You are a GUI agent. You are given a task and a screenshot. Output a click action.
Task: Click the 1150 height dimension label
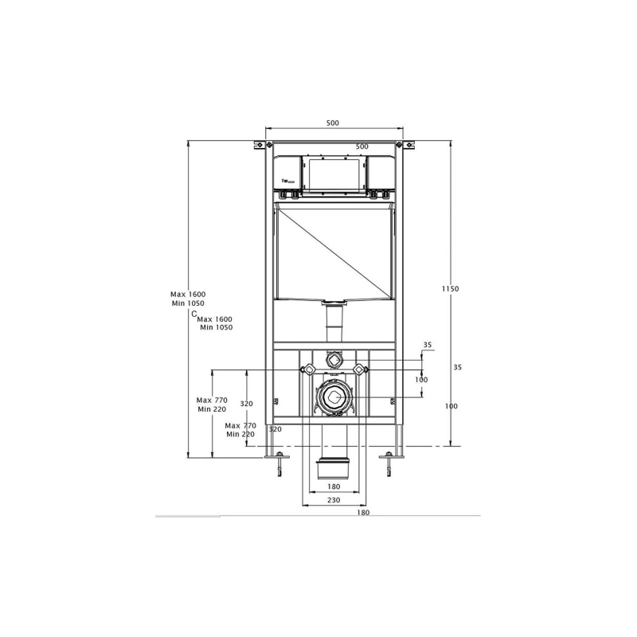[x=451, y=288]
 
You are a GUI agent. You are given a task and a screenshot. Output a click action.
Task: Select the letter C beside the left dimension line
[x=194, y=315]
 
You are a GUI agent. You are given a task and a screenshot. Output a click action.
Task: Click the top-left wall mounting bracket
[x=259, y=145]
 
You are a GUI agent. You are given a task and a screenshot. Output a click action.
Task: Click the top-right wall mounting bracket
[x=408, y=145]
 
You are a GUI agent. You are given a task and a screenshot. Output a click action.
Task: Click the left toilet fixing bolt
[x=306, y=369]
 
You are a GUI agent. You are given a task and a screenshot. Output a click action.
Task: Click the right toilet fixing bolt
[x=360, y=369]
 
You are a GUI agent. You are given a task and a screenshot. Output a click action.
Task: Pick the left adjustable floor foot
[x=278, y=463]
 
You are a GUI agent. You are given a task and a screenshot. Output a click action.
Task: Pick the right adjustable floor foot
[x=389, y=463]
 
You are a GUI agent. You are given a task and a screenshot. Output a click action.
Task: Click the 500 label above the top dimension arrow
[x=333, y=123]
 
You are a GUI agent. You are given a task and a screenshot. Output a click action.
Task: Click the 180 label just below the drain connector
[x=333, y=486]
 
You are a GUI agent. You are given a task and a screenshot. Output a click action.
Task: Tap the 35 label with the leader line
[x=428, y=345]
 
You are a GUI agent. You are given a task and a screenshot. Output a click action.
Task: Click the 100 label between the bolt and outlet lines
[x=420, y=380]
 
